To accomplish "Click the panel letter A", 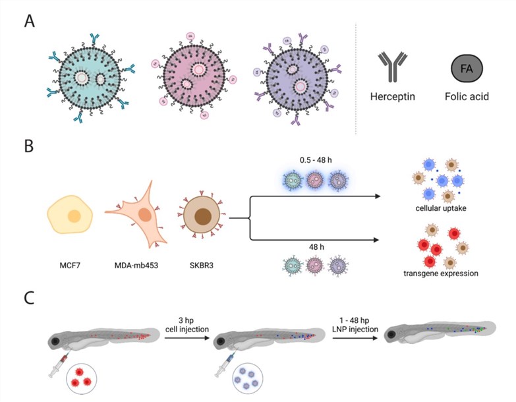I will point(30,20).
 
